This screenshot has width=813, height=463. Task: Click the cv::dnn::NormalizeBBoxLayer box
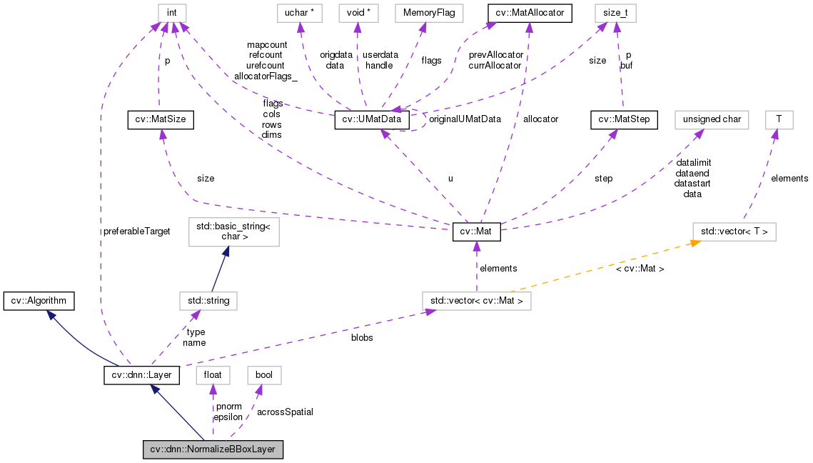213,450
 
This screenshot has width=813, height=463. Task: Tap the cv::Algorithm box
39,301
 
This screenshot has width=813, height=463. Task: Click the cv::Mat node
477,232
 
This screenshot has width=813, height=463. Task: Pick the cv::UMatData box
373,119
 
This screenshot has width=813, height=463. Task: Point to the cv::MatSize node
161,119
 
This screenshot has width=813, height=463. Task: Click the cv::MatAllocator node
530,13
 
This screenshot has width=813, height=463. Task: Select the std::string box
208,301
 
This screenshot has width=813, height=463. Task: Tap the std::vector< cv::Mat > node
476,301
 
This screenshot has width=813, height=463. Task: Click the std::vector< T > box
734,232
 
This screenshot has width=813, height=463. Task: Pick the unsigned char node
712,119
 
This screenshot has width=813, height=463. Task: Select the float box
212,374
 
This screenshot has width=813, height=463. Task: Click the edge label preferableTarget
136,231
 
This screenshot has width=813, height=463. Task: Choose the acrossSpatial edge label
285,412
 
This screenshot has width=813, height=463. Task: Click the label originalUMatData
465,119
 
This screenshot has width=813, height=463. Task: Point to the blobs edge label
362,337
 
